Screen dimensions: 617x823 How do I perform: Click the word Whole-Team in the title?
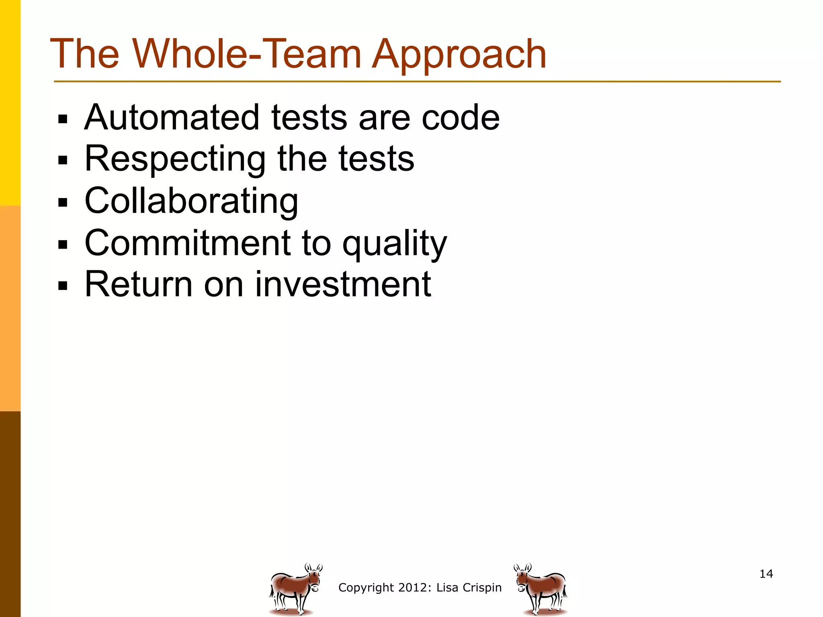[x=247, y=54]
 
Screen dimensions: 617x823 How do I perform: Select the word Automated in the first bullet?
[x=172, y=117]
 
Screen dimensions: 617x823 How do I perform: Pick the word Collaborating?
[x=191, y=201]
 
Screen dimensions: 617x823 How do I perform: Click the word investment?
[x=343, y=284]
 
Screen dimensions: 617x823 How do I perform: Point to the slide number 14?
[x=766, y=574]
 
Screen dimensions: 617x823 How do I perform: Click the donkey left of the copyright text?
[x=296, y=588]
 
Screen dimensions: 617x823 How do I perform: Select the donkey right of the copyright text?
[x=540, y=588]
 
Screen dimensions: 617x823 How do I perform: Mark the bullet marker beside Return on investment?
[x=63, y=286]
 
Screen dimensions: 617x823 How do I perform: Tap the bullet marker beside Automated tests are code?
[x=63, y=119]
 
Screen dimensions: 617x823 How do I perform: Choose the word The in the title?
[x=85, y=54]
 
